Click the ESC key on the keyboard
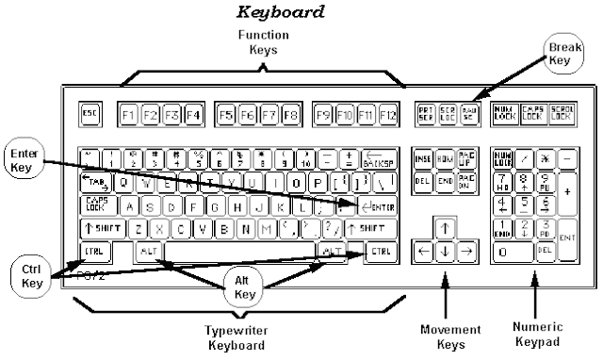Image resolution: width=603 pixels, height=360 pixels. [x=90, y=115]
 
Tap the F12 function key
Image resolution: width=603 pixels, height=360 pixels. [x=386, y=116]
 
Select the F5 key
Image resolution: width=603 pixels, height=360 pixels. [x=225, y=116]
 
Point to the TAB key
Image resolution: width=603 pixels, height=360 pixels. [x=95, y=182]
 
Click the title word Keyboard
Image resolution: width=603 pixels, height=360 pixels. [x=279, y=13]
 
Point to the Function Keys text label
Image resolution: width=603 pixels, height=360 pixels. [x=262, y=42]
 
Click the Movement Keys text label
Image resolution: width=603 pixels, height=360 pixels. [x=448, y=335]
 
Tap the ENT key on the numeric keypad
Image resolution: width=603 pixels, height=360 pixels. [x=567, y=239]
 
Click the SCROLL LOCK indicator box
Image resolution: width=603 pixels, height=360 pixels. [x=565, y=115]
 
